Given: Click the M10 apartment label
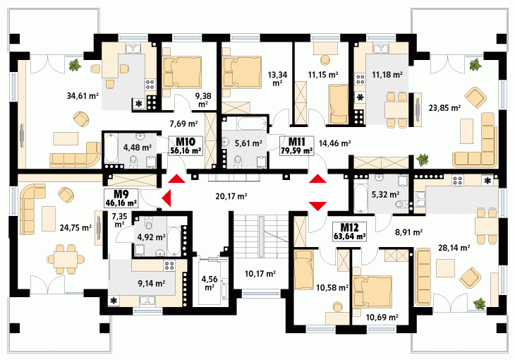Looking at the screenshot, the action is point(186,142).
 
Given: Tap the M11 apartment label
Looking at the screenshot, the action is point(296,142).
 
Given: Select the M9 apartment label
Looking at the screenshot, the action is point(121,194).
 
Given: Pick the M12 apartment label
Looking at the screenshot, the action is point(349,227).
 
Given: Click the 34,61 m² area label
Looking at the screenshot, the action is point(83,96).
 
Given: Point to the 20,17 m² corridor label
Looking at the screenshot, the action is point(231,196).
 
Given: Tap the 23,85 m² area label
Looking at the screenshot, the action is point(444,107).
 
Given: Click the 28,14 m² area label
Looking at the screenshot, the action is point(454,248).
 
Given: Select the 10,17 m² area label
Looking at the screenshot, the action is point(260,273).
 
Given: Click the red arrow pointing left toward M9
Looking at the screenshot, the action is point(166,198).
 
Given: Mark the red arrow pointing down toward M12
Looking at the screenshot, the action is point(318,206).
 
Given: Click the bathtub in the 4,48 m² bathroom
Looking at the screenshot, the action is point(111,148).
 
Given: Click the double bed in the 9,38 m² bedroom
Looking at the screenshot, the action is point(182,73).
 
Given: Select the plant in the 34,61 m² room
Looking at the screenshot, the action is point(75,65).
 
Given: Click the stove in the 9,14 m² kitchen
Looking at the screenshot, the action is point(169,265).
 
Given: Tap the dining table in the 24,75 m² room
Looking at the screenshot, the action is point(66,259).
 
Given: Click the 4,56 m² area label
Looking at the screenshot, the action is point(210,283).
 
